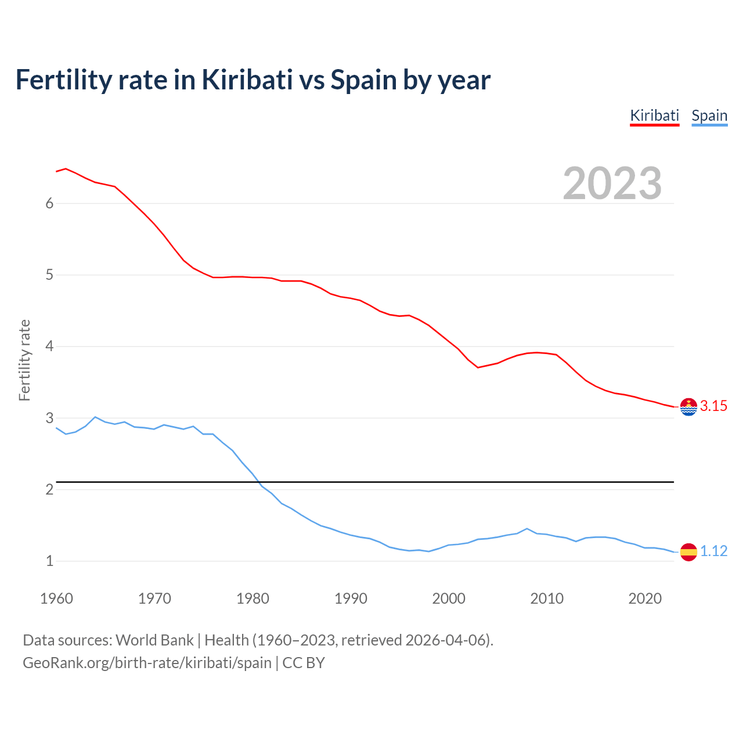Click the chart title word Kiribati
coord(247,80)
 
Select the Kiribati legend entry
coord(654,116)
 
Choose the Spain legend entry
coord(709,116)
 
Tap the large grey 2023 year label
coord(612,183)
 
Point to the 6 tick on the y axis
coord(49,203)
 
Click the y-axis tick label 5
coord(49,275)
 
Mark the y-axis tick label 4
coord(49,347)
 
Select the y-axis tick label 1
coord(49,561)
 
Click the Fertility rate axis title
coord(24,360)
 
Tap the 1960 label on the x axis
coord(56,598)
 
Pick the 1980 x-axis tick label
coord(253,598)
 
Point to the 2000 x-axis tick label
coord(449,598)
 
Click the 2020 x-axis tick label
coord(645,598)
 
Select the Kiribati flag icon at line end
coord(688,407)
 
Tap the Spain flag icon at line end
coord(688,552)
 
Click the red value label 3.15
coord(713,406)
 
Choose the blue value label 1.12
coord(713,551)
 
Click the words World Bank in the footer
coord(154,640)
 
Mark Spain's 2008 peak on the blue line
coord(527,529)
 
